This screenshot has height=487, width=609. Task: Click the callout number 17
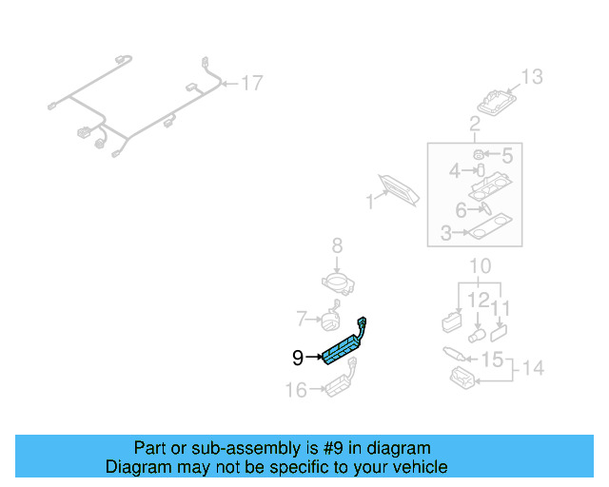250,84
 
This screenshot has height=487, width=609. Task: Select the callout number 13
531,77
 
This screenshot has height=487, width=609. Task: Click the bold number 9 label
298,358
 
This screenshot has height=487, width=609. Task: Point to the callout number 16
296,389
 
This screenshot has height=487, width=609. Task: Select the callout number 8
336,247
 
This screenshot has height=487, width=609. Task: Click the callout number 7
301,318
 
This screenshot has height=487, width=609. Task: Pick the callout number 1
370,202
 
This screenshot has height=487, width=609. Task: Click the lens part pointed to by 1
401,188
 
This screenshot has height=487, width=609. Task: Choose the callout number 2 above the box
474,124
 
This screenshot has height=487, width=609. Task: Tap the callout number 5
507,154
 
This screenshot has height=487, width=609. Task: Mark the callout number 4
455,171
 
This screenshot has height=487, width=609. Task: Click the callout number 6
461,209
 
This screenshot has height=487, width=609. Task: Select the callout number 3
445,232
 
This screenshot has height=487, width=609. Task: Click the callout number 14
533,367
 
